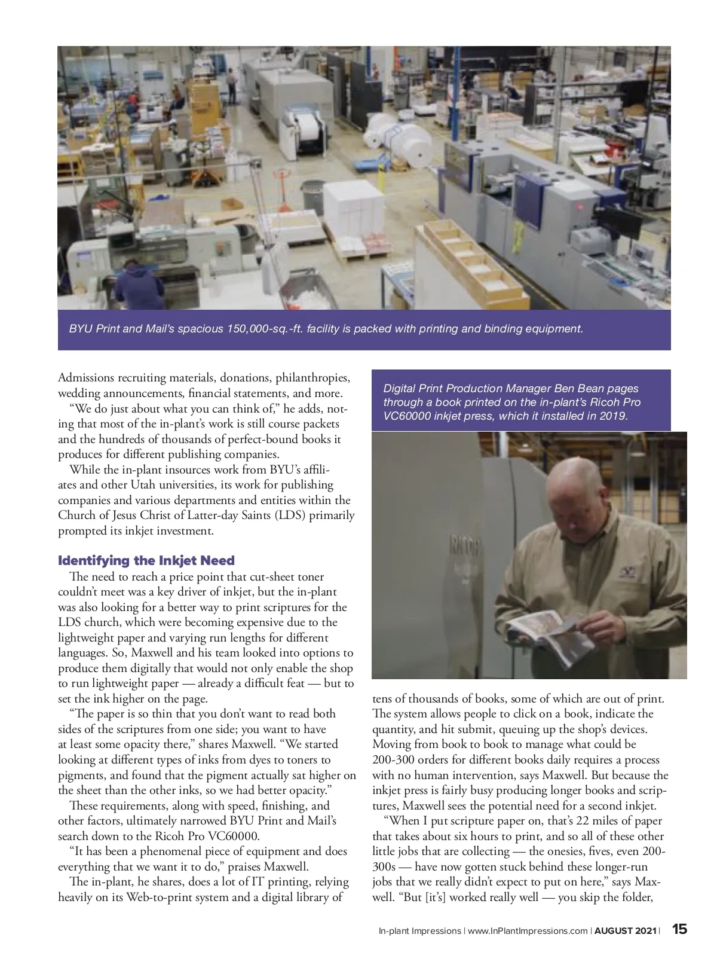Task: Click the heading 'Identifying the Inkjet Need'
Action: (146, 561)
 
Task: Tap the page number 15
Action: (679, 930)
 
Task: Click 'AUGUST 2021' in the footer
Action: (626, 930)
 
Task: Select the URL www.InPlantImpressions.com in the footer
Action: (526, 930)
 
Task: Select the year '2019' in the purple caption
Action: (613, 416)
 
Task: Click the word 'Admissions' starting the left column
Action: (85, 378)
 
